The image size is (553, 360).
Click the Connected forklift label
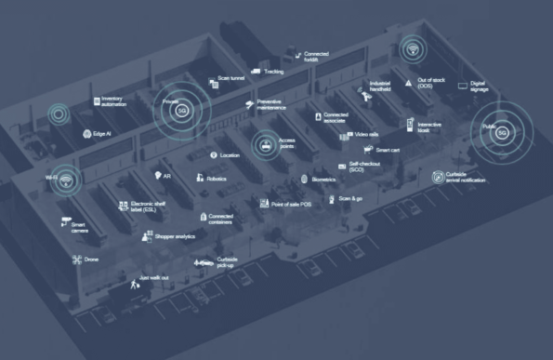point(317,57)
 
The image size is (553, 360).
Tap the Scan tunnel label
point(231,79)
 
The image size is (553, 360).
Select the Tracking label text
point(273,72)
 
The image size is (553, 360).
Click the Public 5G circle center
point(503,133)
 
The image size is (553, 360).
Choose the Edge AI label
point(102,134)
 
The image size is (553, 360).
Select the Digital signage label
point(479,87)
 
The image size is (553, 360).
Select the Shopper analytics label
point(174,237)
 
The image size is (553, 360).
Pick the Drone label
point(91,260)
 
